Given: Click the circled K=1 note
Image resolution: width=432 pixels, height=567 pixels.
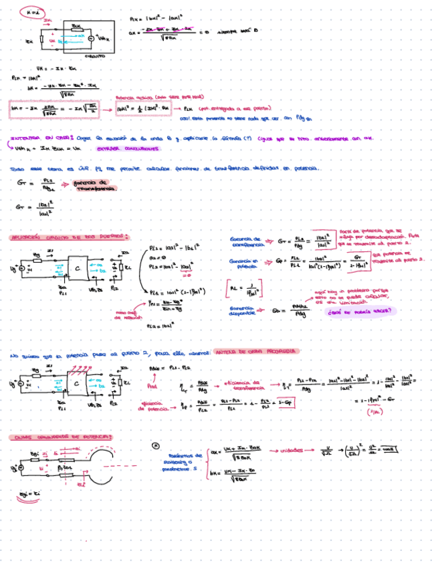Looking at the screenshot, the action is pos(31,12).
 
